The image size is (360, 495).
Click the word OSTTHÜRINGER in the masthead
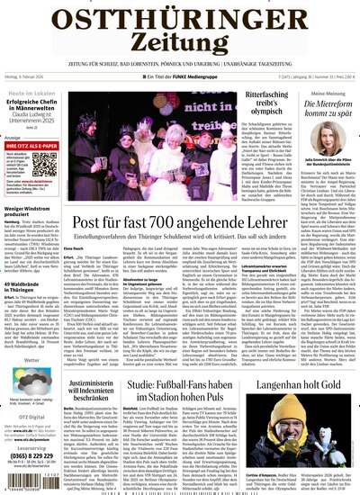(179, 16)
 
